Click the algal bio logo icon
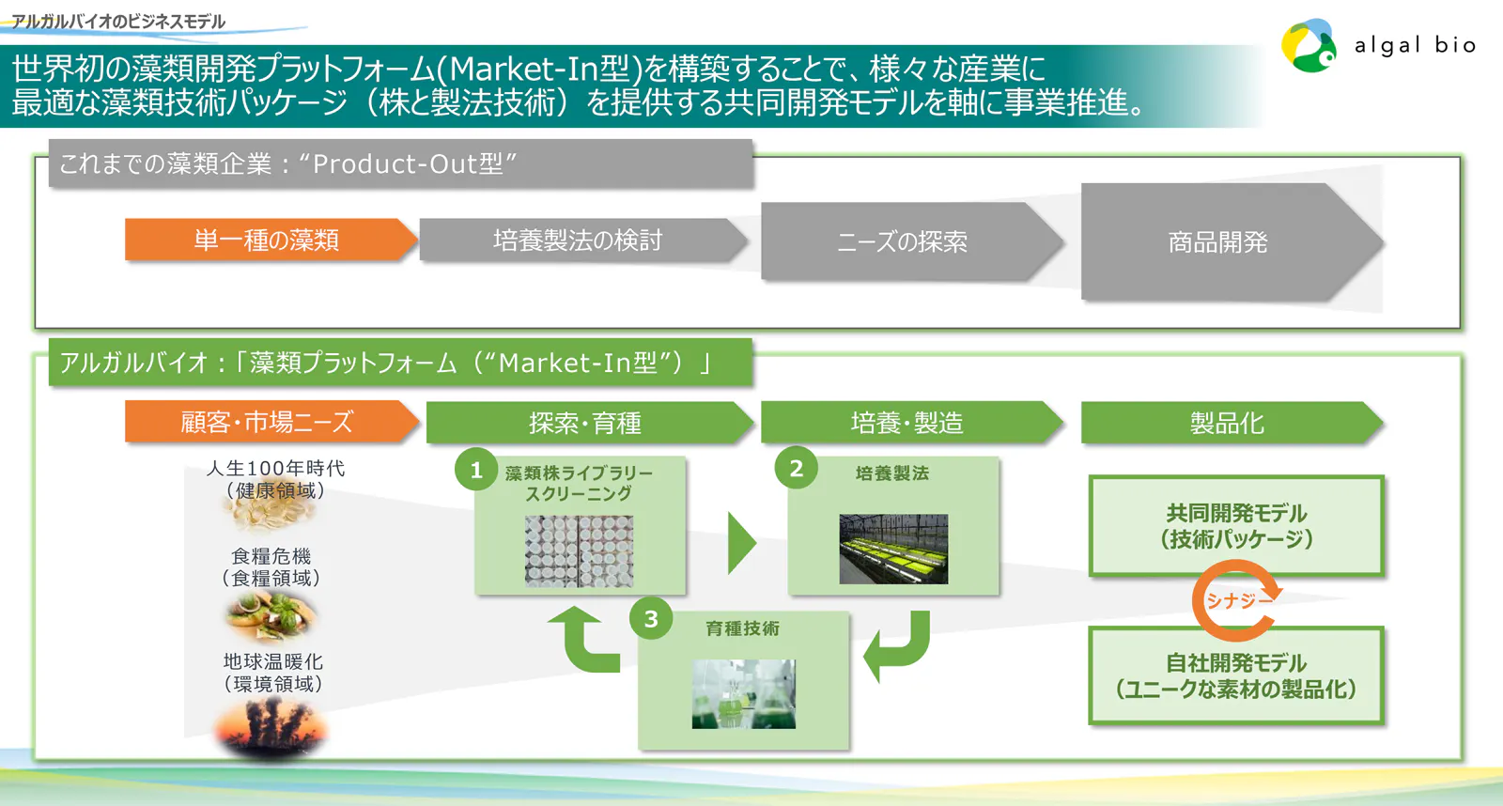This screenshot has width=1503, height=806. [1309, 46]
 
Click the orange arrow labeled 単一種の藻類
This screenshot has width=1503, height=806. [268, 240]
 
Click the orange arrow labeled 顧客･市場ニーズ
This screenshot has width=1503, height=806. [268, 422]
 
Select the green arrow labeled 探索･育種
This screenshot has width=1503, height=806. [585, 423]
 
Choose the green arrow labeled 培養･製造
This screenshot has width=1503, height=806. [907, 423]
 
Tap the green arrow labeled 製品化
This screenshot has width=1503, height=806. [1227, 423]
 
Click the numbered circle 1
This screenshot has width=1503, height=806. [476, 470]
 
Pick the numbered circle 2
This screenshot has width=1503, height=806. [796, 469]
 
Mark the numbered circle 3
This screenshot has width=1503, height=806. [651, 619]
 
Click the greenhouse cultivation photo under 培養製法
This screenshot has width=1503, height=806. [893, 549]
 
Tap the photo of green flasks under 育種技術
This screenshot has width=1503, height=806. [743, 693]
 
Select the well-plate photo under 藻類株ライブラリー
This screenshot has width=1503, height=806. [579, 551]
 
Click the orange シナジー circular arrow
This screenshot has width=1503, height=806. [1236, 600]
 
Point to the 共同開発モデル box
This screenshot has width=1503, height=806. [1236, 526]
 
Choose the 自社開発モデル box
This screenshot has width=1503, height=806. [1236, 675]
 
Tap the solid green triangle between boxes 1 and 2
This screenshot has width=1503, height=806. [740, 543]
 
